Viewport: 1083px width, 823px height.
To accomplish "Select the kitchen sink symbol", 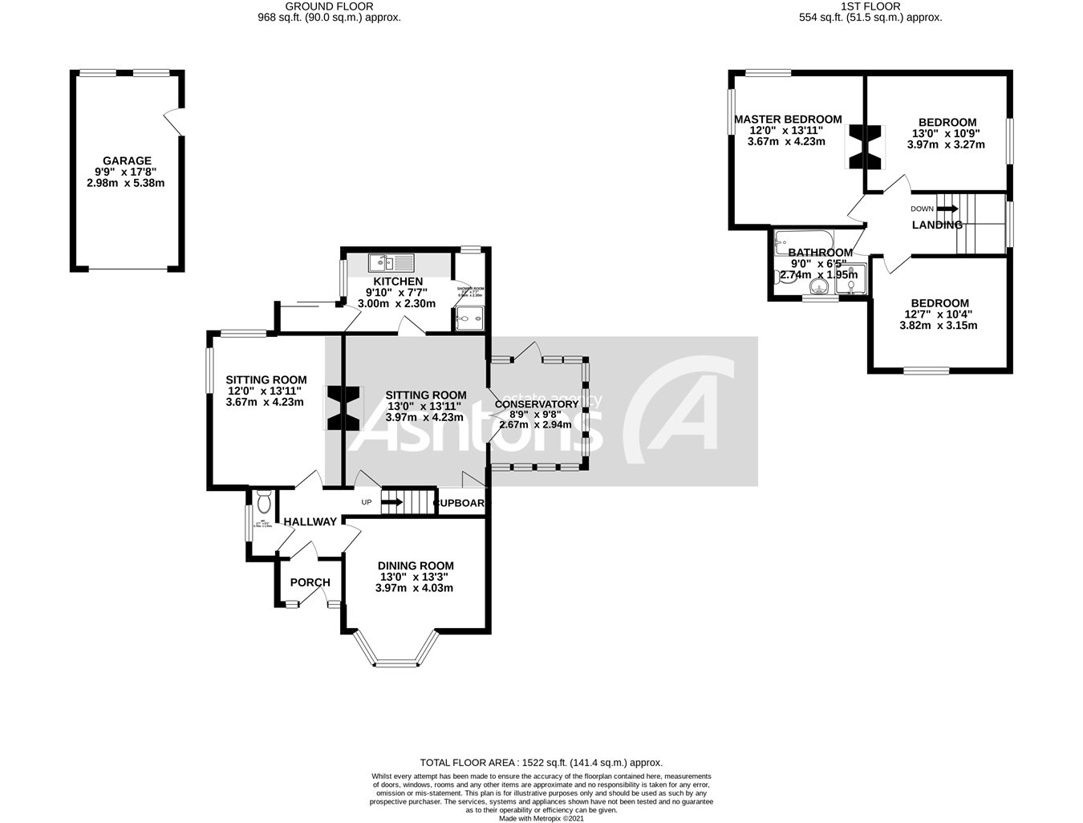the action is [391, 262].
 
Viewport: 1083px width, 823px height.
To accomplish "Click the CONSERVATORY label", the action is [536, 404].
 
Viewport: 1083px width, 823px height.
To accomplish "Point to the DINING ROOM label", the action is [416, 566].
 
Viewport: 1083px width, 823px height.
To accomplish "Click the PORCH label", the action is [310, 582].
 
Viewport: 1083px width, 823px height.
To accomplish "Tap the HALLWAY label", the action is [310, 521].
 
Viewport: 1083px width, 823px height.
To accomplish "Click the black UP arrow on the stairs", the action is [391, 503].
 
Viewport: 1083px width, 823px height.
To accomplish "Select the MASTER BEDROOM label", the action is [788, 120].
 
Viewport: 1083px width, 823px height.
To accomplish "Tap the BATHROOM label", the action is [819, 252].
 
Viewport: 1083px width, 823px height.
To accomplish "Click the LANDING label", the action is [937, 225].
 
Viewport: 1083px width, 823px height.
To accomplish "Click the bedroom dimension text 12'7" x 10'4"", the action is [939, 314].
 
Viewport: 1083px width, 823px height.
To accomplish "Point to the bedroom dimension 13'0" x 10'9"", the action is [947, 134].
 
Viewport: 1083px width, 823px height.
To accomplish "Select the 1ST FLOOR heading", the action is [870, 6].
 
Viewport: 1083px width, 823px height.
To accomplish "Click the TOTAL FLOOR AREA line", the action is [541, 763].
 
